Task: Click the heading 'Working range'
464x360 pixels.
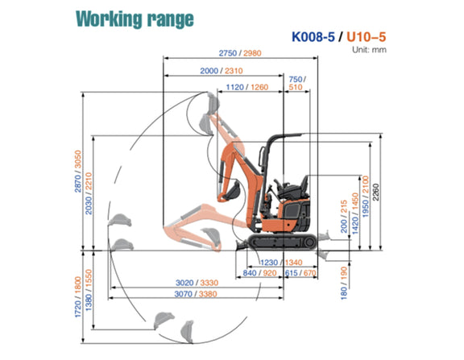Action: (x=135, y=19)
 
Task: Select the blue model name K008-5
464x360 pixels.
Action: (x=313, y=37)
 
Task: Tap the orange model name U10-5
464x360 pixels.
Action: (x=366, y=37)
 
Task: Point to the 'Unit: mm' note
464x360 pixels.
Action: (x=369, y=49)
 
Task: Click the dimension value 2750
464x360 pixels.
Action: (x=227, y=53)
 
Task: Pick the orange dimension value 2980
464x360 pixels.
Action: (x=252, y=53)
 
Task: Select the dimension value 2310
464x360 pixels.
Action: (x=234, y=71)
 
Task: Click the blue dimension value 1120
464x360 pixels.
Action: (x=234, y=87)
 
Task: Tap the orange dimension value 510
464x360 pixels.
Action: (x=296, y=87)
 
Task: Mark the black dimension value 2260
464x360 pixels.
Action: (x=375, y=192)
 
